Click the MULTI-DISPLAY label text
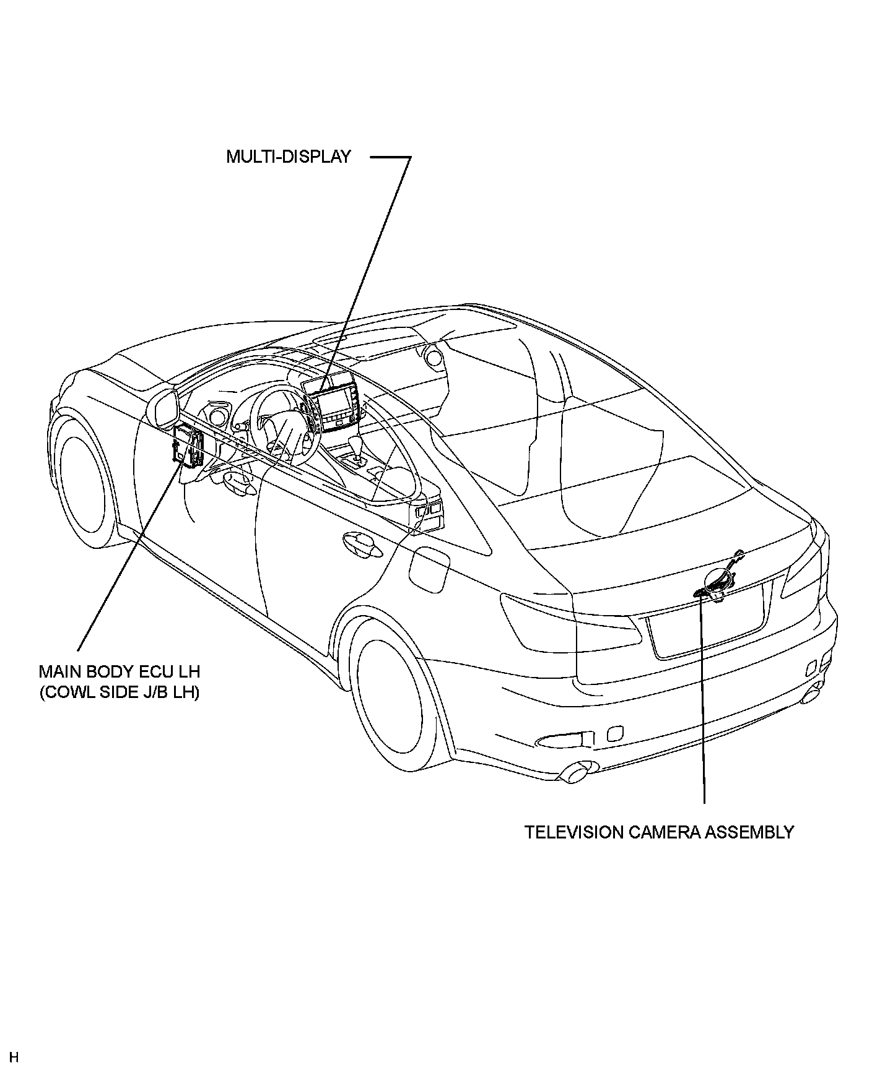point(288,157)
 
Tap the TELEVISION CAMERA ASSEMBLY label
point(659,832)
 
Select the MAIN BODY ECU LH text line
point(120,671)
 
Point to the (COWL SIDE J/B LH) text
point(120,692)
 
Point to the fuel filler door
point(429,566)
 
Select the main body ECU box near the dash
point(189,446)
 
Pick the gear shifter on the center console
point(357,448)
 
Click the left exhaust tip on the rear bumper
point(575,774)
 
